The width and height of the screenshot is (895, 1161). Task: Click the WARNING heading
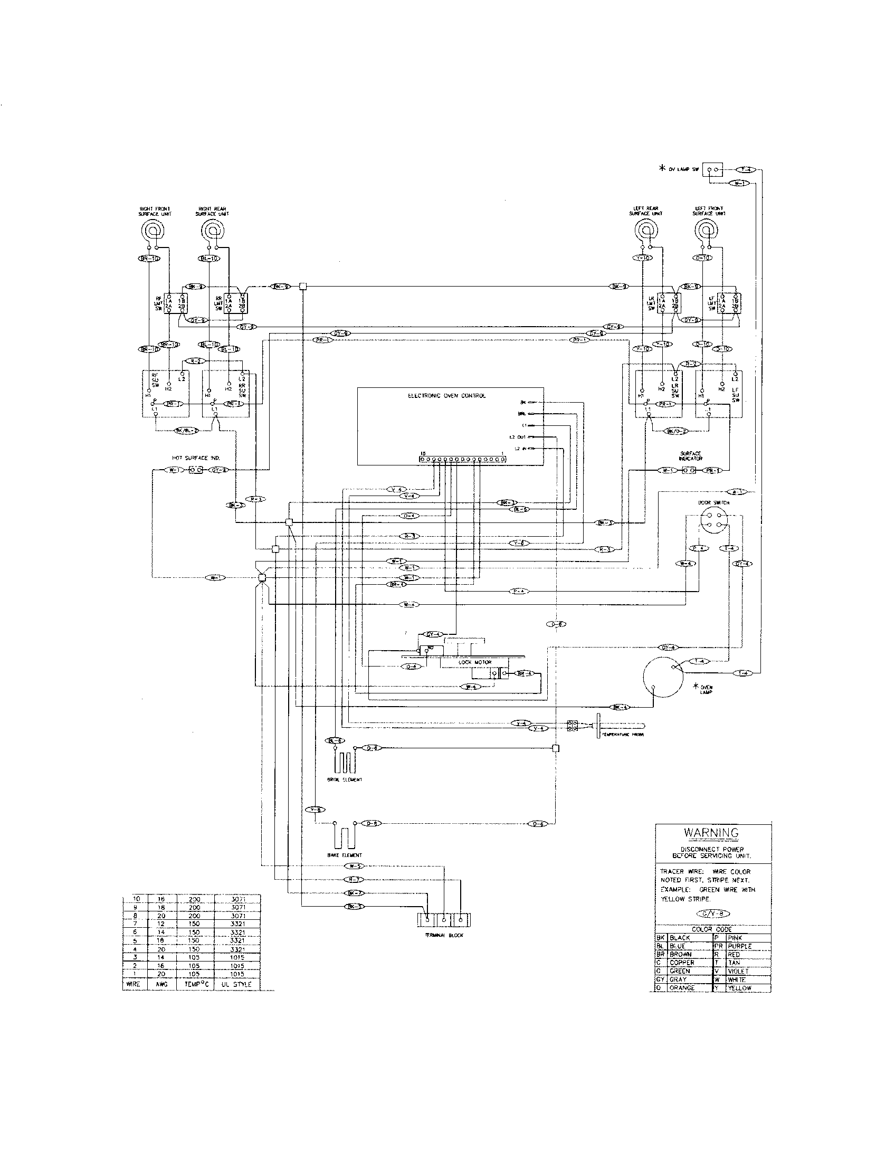(711, 833)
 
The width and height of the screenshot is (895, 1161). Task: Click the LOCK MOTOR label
(474, 662)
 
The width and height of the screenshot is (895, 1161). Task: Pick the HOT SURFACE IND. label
(196, 457)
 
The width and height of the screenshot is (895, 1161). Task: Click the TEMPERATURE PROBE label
(622, 734)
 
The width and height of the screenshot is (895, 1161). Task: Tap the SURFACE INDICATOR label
(691, 455)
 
